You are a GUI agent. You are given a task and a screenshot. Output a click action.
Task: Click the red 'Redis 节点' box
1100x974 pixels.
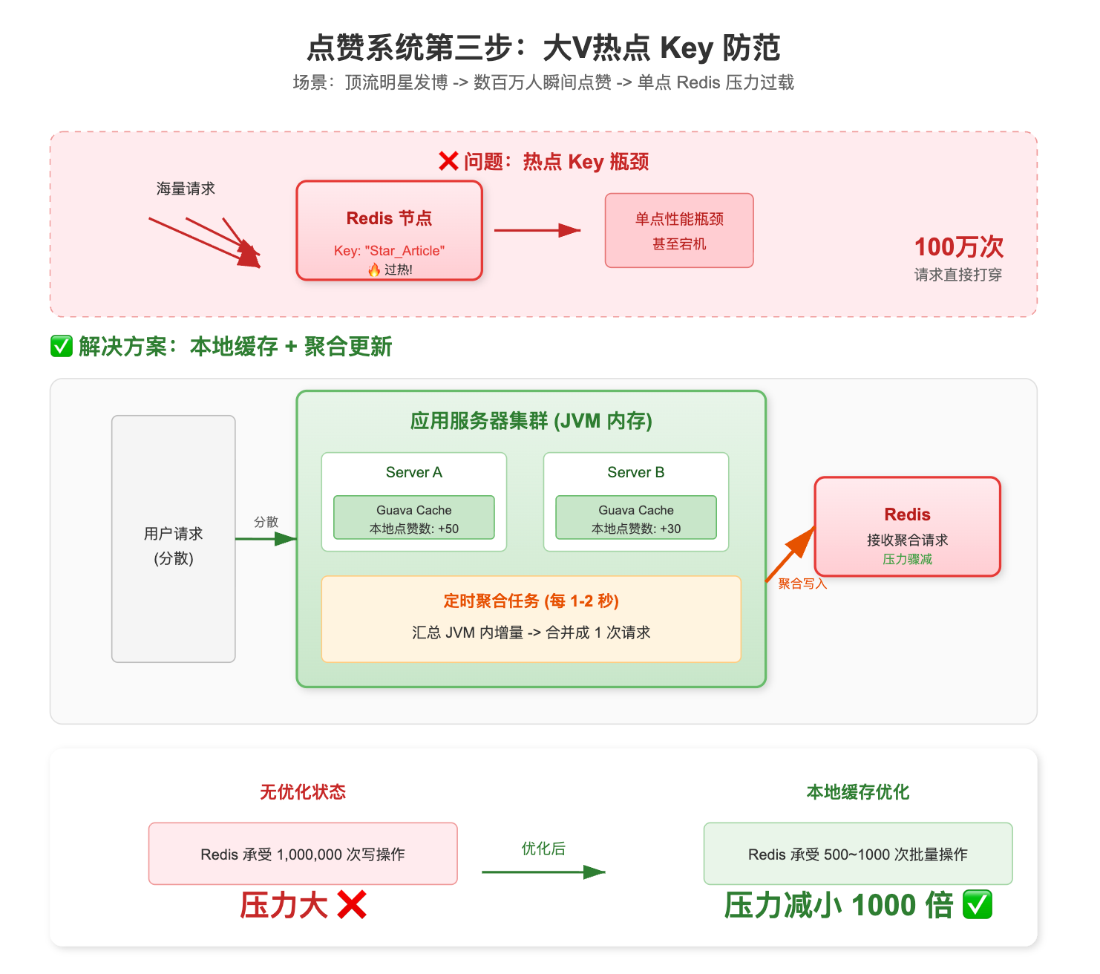(389, 230)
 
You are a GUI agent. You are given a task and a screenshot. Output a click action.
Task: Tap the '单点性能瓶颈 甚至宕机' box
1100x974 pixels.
(679, 230)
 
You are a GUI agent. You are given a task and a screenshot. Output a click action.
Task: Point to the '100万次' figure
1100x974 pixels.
(958, 247)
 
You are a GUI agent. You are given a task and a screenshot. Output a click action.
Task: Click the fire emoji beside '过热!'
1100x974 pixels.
(375, 269)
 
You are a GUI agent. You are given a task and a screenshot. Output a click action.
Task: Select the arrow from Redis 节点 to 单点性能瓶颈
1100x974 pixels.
(537, 230)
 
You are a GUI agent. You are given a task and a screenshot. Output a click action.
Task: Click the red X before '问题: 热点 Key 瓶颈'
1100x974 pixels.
(448, 161)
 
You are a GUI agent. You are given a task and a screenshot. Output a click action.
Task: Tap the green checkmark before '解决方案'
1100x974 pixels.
(61, 346)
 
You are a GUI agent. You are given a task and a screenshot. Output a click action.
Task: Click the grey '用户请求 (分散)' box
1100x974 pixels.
(174, 539)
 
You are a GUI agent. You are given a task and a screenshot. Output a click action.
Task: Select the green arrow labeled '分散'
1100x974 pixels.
(265, 539)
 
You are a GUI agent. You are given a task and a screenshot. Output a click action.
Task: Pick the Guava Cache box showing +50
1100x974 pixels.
(414, 517)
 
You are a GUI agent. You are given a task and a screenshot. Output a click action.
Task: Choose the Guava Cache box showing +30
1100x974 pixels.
(636, 517)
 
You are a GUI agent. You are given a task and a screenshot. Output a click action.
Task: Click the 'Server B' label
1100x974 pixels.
(636, 472)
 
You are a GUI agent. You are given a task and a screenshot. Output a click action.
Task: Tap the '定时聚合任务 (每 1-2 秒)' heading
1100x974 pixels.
(531, 601)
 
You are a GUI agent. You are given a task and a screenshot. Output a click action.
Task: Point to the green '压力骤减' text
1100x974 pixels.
(907, 559)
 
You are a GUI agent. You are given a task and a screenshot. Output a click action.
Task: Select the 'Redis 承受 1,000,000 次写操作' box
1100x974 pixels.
(303, 854)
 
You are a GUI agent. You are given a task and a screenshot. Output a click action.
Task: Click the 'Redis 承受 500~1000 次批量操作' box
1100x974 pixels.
(858, 854)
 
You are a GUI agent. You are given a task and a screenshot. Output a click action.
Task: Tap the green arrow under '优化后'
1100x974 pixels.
(543, 872)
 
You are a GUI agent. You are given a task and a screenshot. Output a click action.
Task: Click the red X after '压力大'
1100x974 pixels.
(351, 905)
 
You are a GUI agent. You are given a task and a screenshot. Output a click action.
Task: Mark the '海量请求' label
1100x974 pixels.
(186, 189)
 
